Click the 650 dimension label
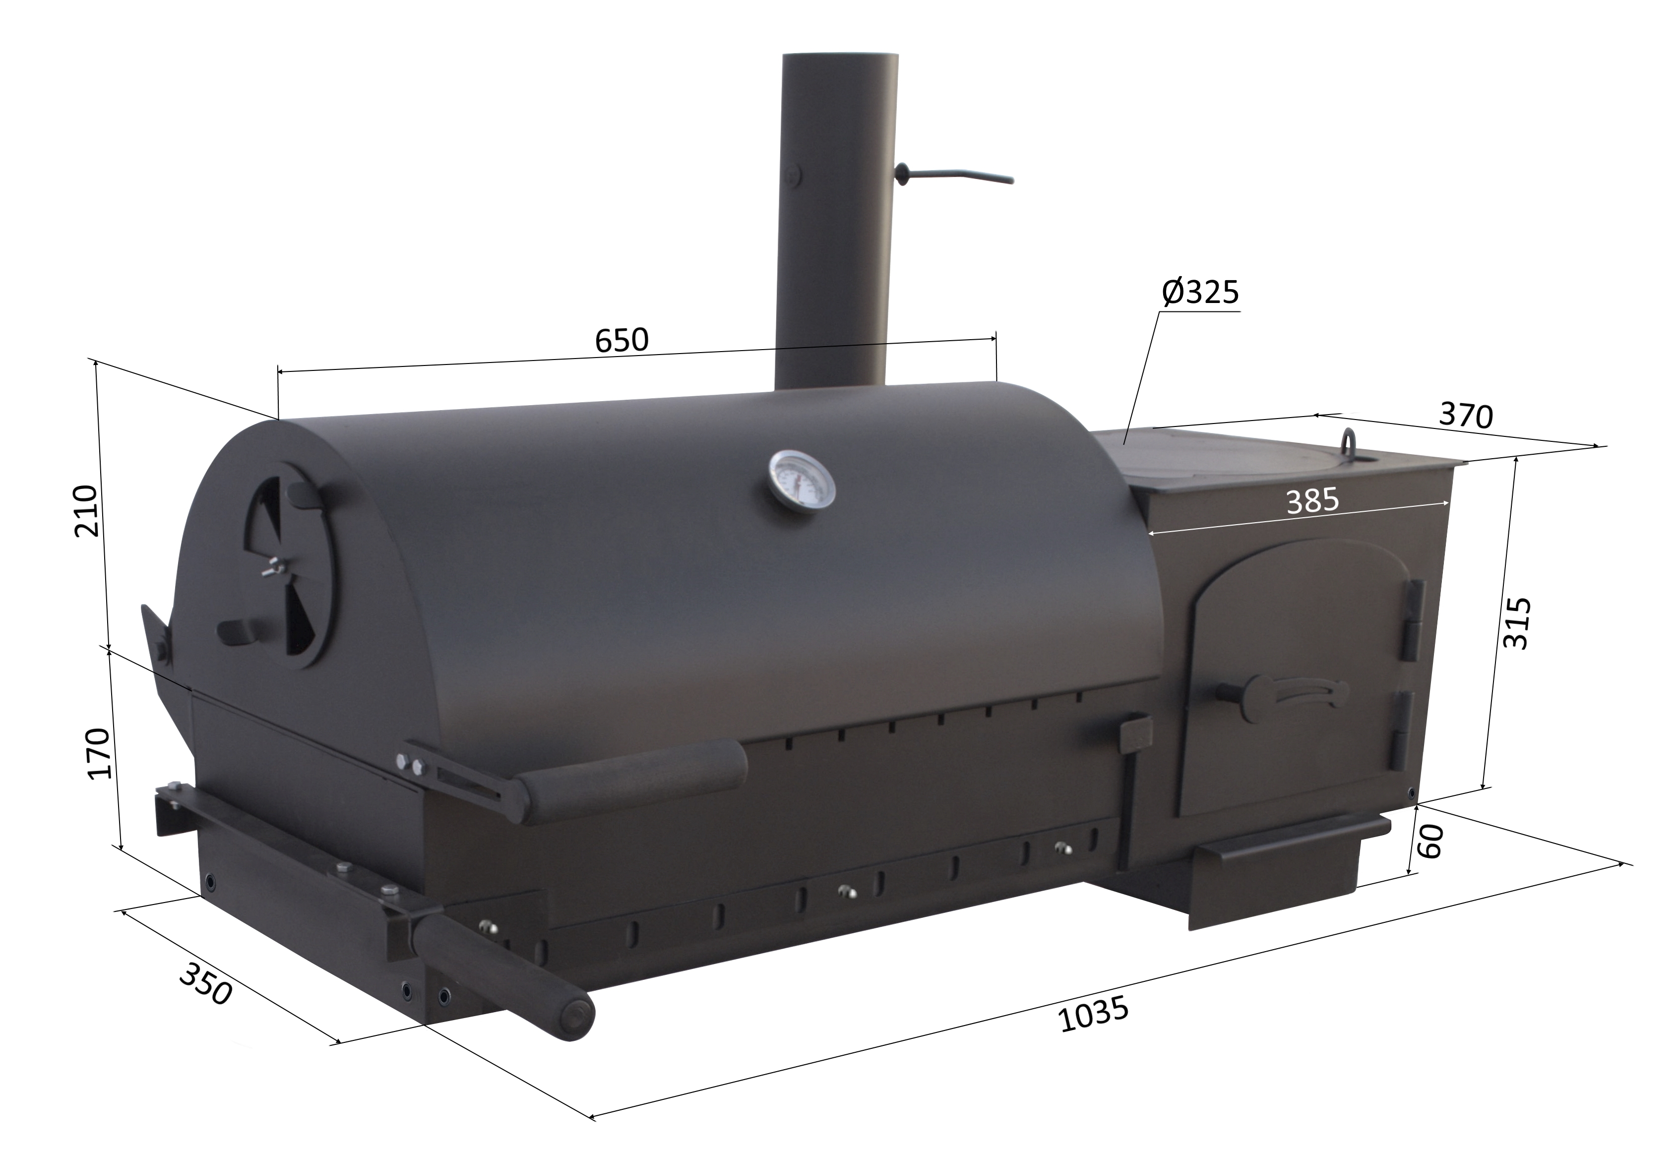(x=622, y=339)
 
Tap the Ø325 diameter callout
(x=1200, y=292)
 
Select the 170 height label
(x=98, y=753)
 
